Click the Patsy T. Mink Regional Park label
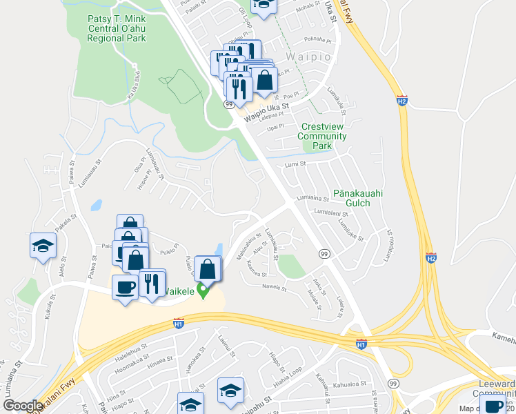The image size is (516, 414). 117,29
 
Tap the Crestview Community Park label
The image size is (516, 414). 322,136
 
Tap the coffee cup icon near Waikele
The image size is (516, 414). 125,287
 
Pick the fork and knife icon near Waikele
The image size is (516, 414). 152,282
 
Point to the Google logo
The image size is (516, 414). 23,406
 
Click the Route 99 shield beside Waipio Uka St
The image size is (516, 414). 228,103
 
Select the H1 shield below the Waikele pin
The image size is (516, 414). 178,323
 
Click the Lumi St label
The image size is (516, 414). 295,164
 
